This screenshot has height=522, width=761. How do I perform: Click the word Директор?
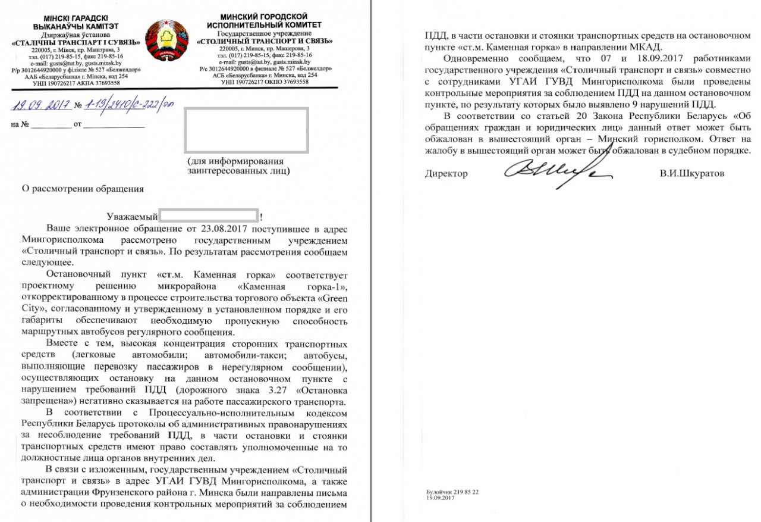point(446,174)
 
